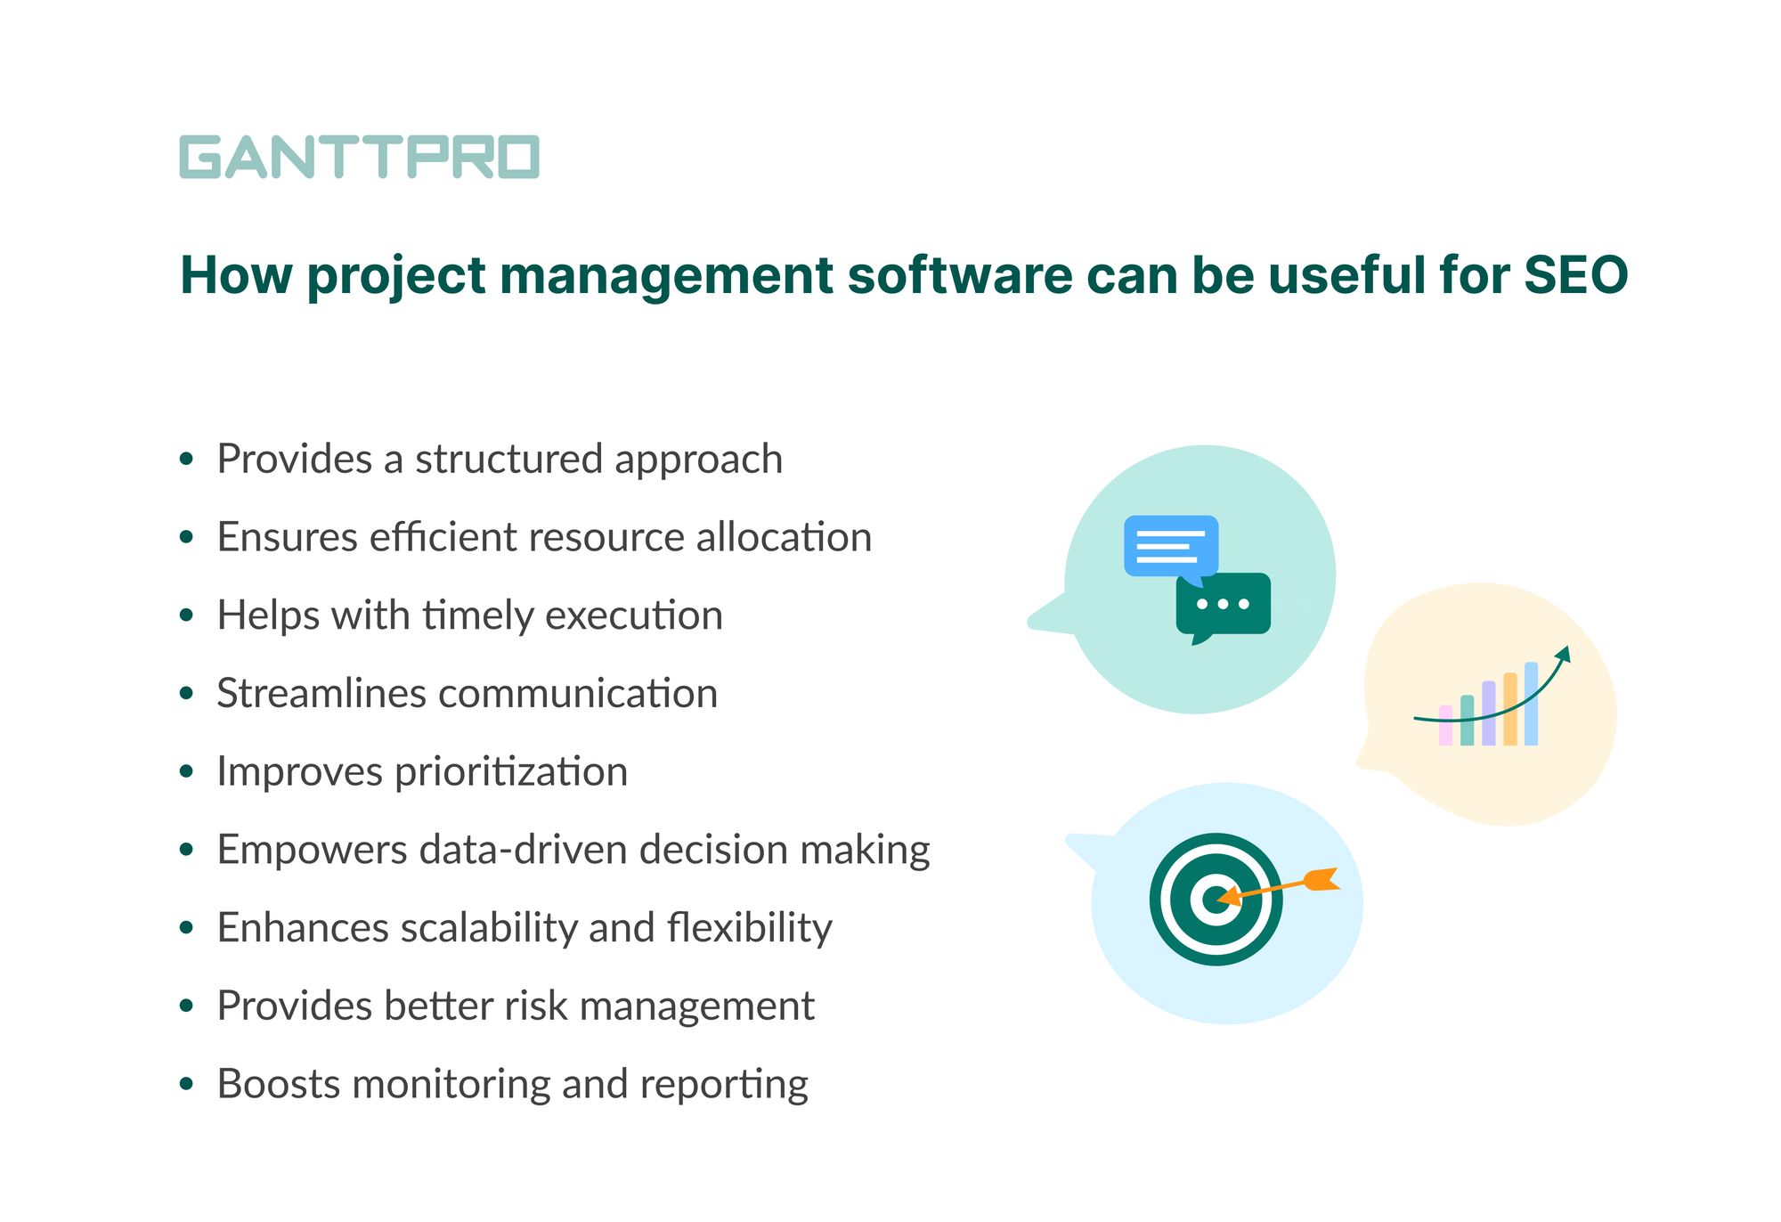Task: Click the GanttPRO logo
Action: [x=359, y=158]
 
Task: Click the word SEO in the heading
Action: [x=1575, y=275]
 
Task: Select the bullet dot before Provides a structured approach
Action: [x=186, y=460]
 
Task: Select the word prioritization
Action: [x=511, y=772]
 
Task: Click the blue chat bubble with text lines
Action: [x=1170, y=546]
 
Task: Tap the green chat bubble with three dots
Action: [x=1224, y=604]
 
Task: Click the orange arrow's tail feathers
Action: [x=1322, y=879]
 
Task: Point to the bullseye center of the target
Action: [x=1216, y=899]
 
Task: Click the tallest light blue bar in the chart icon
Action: [x=1531, y=704]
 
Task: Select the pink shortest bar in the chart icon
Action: [x=1445, y=726]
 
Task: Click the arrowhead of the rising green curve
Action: [x=1565, y=654]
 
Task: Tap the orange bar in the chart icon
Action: [x=1509, y=709]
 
